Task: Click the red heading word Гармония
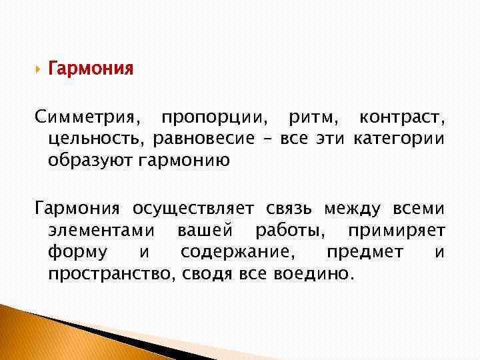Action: (91, 69)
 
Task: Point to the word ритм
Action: (313, 119)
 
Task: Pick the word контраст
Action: (401, 119)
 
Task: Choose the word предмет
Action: (365, 252)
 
